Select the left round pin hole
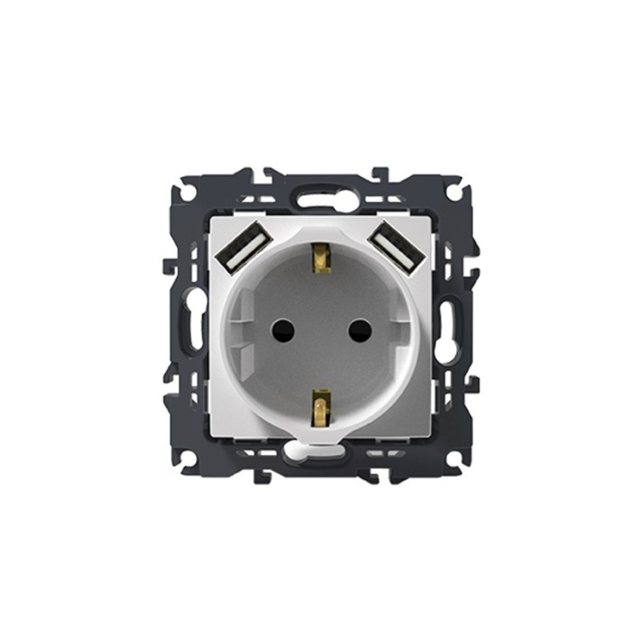[283, 329]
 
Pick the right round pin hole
[359, 329]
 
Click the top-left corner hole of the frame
[187, 193]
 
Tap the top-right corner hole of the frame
[454, 193]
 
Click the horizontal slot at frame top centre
[320, 200]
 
